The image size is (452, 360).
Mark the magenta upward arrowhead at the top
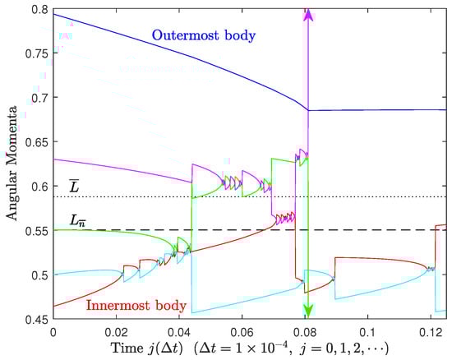pyautogui.click(x=308, y=14)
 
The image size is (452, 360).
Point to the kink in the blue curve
pyautogui.click(x=307, y=110)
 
